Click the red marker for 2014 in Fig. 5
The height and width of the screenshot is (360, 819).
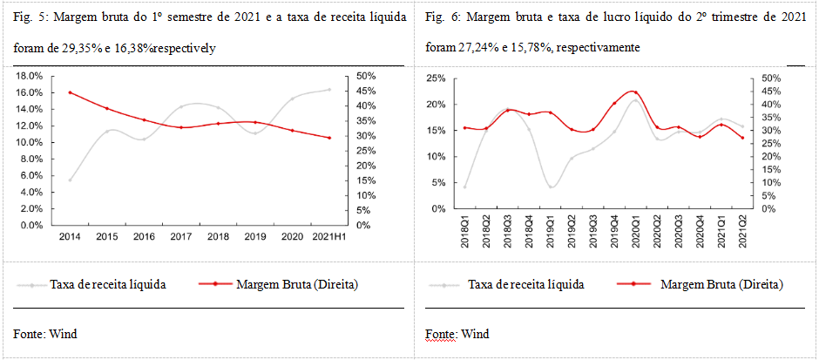(70, 92)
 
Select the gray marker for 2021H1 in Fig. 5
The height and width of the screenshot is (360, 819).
(329, 89)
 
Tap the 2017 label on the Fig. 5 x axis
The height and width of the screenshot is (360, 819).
(180, 237)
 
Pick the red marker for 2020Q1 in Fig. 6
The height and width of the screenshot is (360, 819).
(635, 92)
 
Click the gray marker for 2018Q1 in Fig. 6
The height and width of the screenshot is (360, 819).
(465, 187)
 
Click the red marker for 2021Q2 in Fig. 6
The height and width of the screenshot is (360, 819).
(742, 138)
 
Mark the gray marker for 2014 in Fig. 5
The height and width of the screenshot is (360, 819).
(70, 180)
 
